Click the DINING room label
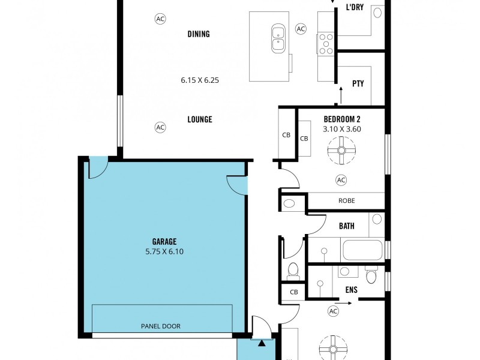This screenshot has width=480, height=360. [199, 34]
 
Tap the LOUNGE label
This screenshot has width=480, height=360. [200, 119]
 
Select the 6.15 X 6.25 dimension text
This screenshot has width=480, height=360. [200, 79]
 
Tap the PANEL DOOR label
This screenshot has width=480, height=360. [160, 326]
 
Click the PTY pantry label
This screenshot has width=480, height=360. [358, 84]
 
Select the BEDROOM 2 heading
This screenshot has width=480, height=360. [342, 118]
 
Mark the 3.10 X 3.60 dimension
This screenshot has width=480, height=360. [342, 128]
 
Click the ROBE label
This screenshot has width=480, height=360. [346, 201]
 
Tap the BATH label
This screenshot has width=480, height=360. [346, 226]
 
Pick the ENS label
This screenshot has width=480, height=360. [351, 289]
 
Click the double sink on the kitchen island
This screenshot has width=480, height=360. [278, 38]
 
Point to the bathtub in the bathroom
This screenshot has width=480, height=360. [362, 250]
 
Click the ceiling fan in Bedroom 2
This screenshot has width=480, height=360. [341, 150]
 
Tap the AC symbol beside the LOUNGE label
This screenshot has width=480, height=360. [160, 127]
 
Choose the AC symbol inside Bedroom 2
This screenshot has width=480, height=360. [341, 180]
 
